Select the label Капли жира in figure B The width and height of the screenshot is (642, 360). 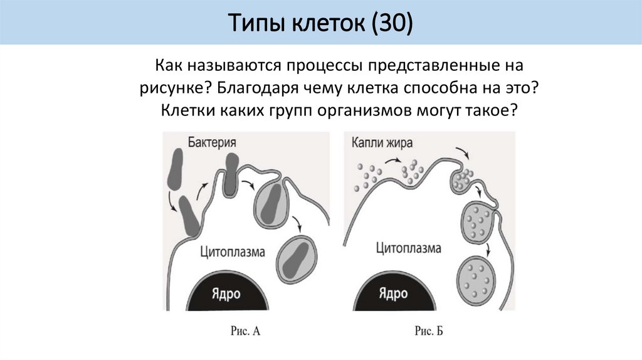coord(382,142)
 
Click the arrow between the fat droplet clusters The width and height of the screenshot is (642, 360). coord(394,162)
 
